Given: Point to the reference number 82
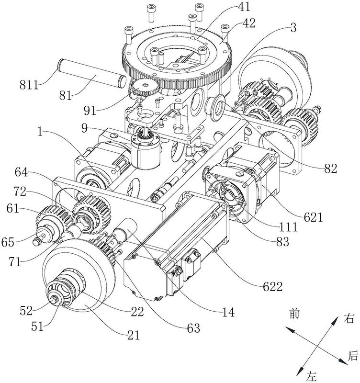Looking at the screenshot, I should pos(330,168).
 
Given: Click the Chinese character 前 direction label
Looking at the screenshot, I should pos(295,314).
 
